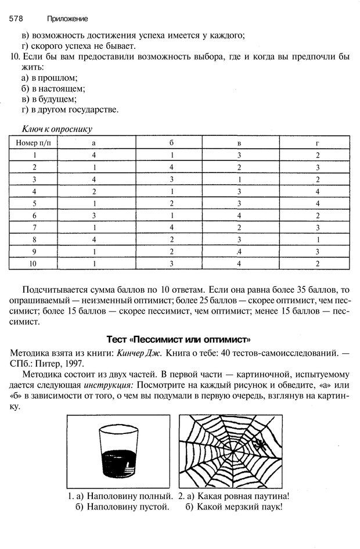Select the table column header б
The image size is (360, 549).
[x=172, y=142]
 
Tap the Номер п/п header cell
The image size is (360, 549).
[x=34, y=142]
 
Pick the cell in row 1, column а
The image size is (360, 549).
[x=93, y=155]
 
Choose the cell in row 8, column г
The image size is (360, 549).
[x=318, y=239]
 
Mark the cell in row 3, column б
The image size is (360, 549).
[x=172, y=180]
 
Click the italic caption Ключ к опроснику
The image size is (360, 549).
[x=57, y=129]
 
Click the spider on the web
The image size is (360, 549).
[x=261, y=444]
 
